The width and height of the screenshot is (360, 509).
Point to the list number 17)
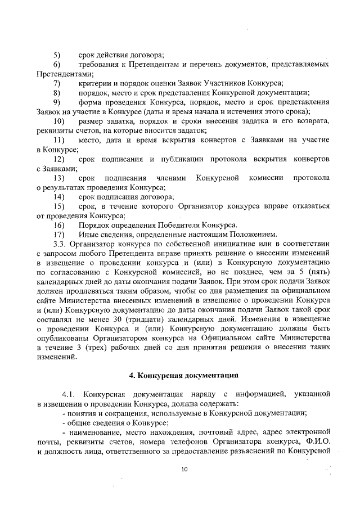click(58, 234)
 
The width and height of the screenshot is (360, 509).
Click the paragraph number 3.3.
click(61, 244)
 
